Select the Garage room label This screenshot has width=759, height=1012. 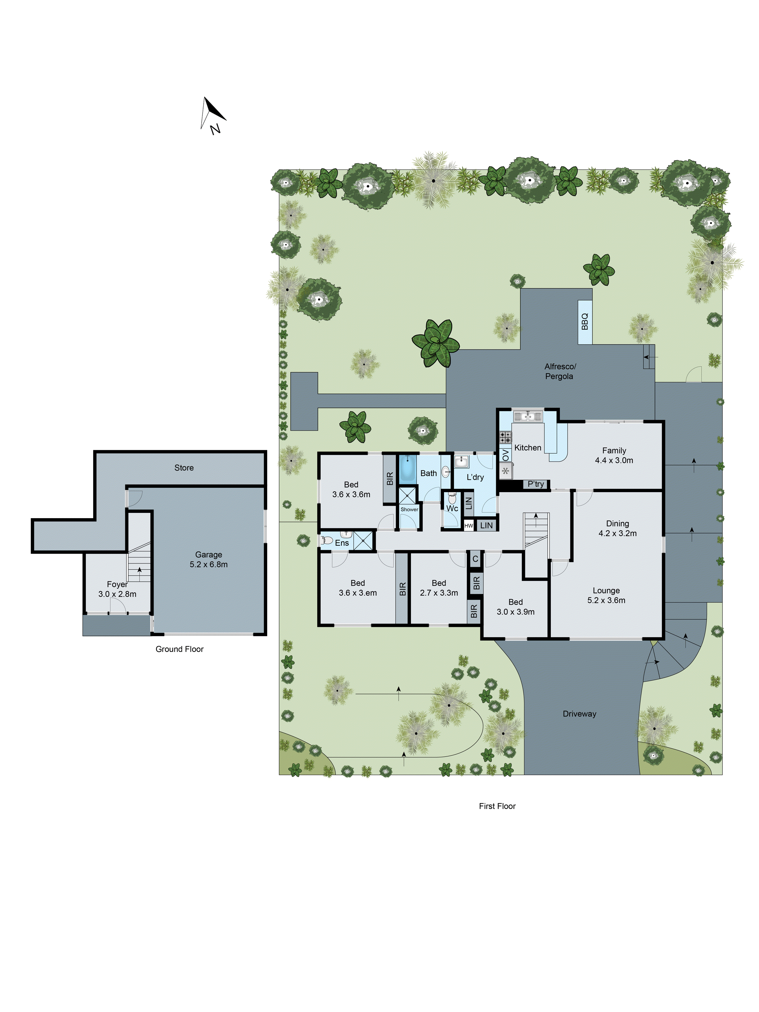pyautogui.click(x=209, y=559)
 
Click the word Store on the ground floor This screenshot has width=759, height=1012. pyautogui.click(x=184, y=468)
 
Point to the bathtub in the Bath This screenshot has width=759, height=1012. pyautogui.click(x=407, y=469)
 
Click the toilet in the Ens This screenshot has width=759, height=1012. pyautogui.click(x=327, y=540)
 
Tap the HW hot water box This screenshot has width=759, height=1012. pyautogui.click(x=469, y=526)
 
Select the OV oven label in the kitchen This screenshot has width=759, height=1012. pyautogui.click(x=505, y=455)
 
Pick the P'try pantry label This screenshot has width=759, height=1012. pyautogui.click(x=536, y=484)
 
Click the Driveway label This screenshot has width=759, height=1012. pyautogui.click(x=579, y=714)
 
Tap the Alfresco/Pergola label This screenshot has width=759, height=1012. pyautogui.click(x=560, y=371)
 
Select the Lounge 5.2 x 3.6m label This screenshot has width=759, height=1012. pyautogui.click(x=606, y=595)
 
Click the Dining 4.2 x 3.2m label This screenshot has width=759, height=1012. pyautogui.click(x=617, y=528)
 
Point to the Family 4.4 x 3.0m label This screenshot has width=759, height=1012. pyautogui.click(x=614, y=455)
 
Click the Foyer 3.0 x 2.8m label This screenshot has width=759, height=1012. pyautogui.click(x=117, y=589)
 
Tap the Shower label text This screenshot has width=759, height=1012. pyautogui.click(x=409, y=509)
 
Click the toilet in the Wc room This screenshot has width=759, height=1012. pyautogui.click(x=452, y=498)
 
